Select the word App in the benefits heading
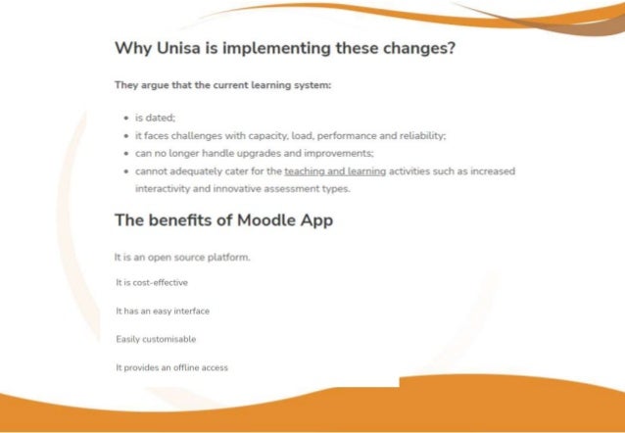[x=315, y=220]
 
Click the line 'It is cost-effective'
[x=152, y=282]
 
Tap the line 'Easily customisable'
[x=156, y=339]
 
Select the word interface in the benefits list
[x=190, y=311]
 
